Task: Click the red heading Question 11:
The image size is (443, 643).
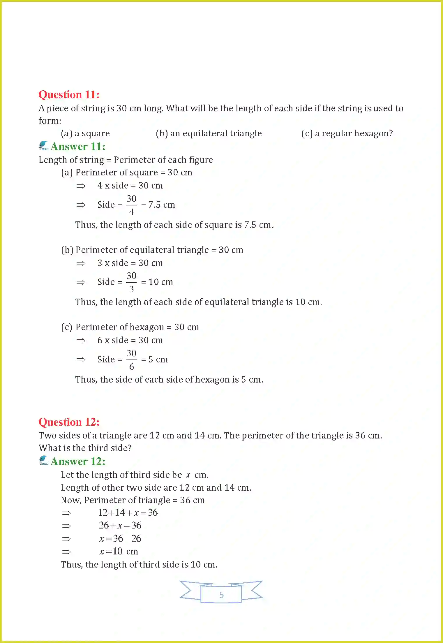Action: pyautogui.click(x=69, y=95)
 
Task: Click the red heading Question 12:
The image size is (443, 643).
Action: pyautogui.click(x=69, y=422)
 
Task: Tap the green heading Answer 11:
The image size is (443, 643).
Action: pyautogui.click(x=78, y=147)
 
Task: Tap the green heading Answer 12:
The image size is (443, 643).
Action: pyautogui.click(x=78, y=461)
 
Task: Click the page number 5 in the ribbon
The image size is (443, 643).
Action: pyautogui.click(x=221, y=595)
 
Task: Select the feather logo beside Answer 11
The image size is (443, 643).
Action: pyautogui.click(x=43, y=146)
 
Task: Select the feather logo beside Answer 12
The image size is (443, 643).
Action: pyautogui.click(x=43, y=460)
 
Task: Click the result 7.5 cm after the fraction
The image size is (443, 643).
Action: pyautogui.click(x=162, y=205)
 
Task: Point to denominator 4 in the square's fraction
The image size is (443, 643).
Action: pyautogui.click(x=131, y=212)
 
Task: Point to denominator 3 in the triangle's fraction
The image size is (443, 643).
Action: pyautogui.click(x=131, y=289)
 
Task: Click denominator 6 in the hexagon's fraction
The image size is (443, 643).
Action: pyautogui.click(x=131, y=367)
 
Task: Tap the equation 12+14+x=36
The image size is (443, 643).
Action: pyautogui.click(x=128, y=512)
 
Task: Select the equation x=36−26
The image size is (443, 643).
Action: pyautogui.click(x=120, y=538)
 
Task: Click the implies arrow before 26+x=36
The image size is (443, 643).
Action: pyautogui.click(x=66, y=526)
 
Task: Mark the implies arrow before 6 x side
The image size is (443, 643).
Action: pyautogui.click(x=81, y=341)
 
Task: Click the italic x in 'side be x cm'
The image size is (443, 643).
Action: pyautogui.click(x=188, y=475)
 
